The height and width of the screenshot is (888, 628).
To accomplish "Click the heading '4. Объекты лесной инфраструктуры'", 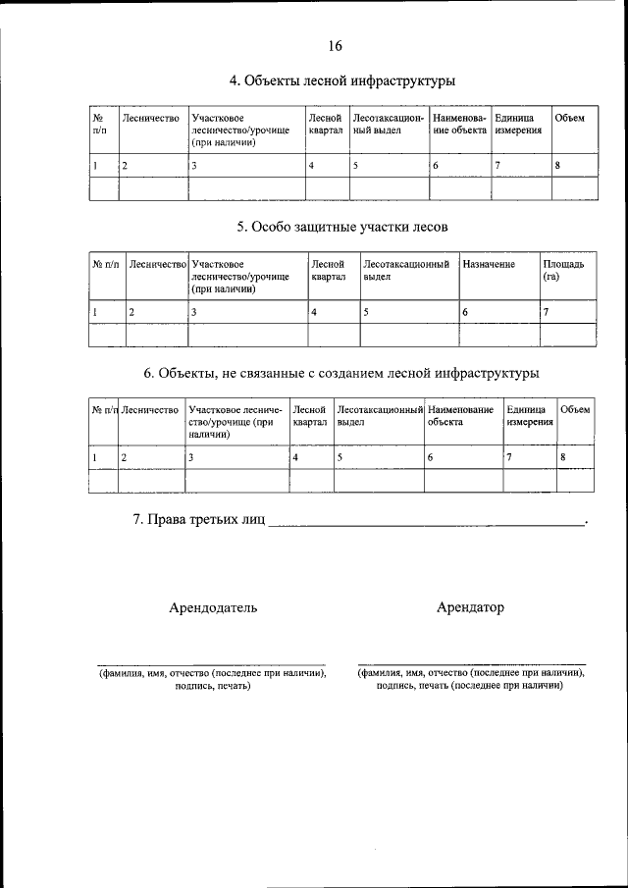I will click(341, 80).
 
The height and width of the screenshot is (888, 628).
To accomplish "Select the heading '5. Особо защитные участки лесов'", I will click(341, 227).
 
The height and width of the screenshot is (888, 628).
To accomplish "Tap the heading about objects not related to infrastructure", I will click(341, 373).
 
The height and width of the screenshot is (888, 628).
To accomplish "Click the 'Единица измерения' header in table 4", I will click(518, 125).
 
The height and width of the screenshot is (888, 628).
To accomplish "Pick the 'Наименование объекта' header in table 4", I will click(459, 125).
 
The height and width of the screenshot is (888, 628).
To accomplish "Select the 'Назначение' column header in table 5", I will click(488, 264).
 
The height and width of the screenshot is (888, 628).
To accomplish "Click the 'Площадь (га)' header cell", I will click(563, 270).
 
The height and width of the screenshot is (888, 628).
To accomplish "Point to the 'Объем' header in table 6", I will click(574, 409).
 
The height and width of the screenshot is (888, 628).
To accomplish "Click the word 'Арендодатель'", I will click(213, 607).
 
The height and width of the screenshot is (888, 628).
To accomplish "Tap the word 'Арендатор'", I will click(470, 607).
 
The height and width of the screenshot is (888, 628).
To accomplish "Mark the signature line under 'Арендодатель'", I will click(212, 663).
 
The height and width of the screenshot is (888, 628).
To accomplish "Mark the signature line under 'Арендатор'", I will click(471, 663).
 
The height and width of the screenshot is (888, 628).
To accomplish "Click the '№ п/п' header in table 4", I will click(99, 125).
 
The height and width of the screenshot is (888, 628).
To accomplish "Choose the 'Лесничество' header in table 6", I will click(149, 409).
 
